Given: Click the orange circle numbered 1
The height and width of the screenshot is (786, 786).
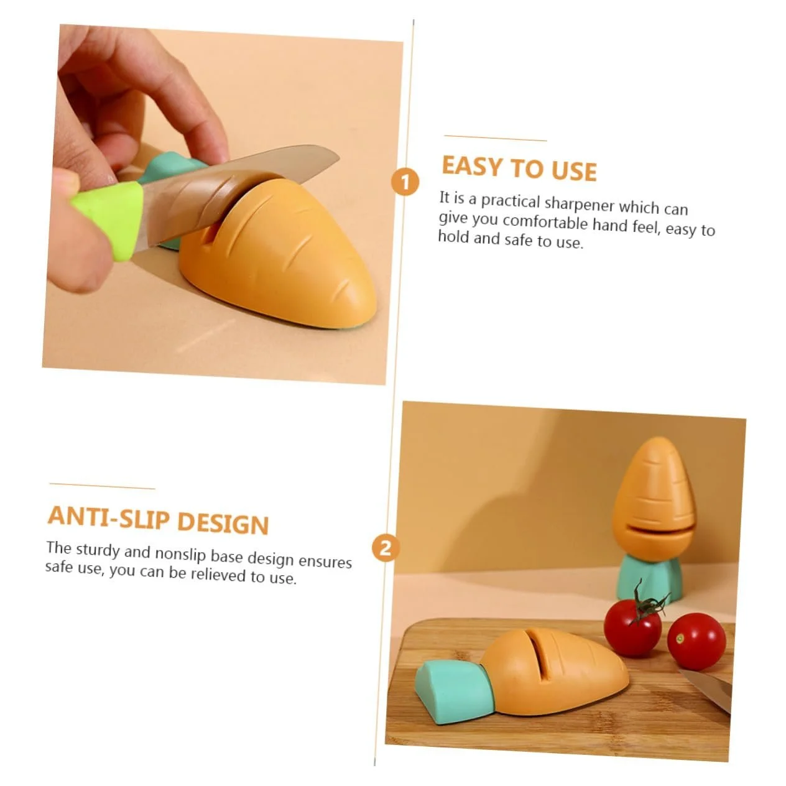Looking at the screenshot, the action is coord(405,182).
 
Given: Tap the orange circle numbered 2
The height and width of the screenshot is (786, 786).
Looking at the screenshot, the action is coord(385,548).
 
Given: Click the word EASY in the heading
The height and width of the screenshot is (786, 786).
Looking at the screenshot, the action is coord(473,167).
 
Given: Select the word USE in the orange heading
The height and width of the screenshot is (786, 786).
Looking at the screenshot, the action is coord(574,171).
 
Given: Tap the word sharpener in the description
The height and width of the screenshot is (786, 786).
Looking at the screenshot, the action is coord(580,203).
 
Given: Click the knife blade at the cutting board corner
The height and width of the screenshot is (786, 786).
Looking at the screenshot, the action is coord(705,691).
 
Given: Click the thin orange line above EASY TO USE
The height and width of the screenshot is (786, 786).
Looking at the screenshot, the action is coord(495,138).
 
